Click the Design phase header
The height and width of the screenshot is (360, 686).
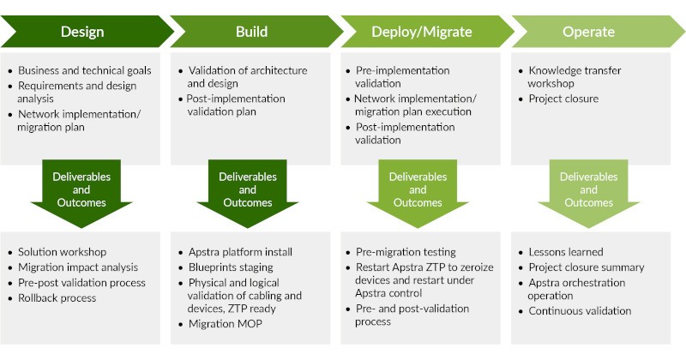pos(82,32)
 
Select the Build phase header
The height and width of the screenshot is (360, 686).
pos(252,32)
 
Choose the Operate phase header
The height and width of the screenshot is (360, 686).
pos(589,32)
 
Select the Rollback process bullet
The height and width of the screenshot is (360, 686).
pos(57,298)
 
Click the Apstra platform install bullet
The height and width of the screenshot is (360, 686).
pos(241,252)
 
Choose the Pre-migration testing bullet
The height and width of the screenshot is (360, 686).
pos(406,252)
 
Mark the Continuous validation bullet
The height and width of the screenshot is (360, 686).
pos(580,310)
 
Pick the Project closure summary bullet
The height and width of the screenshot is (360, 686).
pos(587,267)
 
